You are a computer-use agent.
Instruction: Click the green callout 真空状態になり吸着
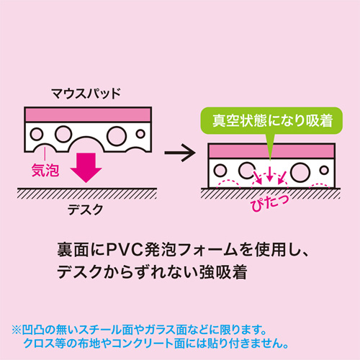[268, 120]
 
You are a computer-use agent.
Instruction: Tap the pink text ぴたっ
[268, 201]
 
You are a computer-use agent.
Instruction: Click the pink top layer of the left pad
[87, 114]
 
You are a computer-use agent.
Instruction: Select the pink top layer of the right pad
[271, 151]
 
